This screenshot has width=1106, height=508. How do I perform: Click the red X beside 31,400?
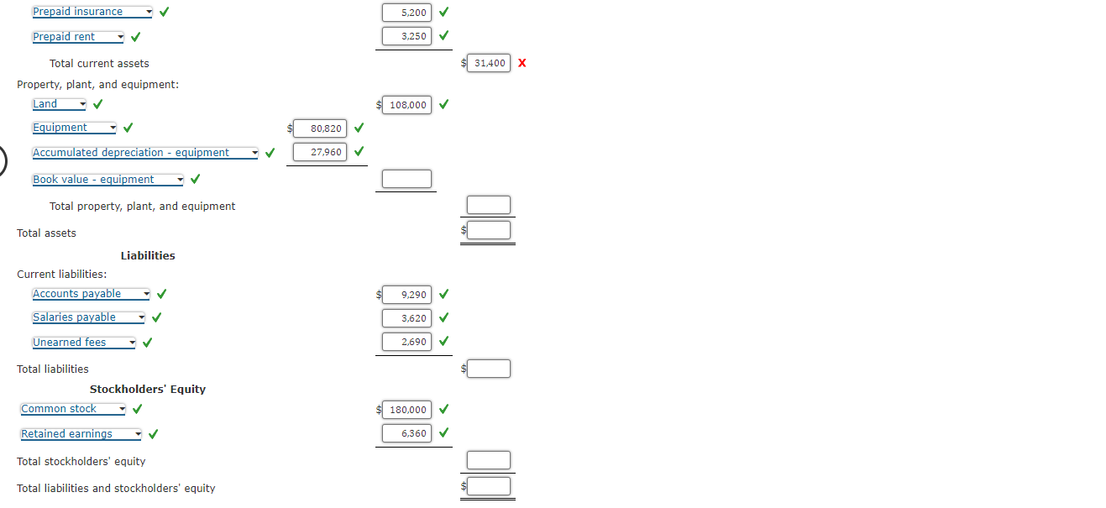pos(522,63)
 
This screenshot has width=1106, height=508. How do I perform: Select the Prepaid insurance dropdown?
pos(92,12)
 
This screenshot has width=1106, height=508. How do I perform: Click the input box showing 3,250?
pos(406,36)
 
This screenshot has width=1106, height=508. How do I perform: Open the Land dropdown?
pos(59,104)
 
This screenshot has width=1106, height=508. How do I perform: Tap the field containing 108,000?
pos(408,105)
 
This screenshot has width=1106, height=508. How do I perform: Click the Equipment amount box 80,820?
pos(320,128)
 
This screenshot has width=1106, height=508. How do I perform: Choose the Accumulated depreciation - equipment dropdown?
pos(145,153)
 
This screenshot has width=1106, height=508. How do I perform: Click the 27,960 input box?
pos(320,152)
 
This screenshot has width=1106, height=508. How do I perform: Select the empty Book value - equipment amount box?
pos(406,179)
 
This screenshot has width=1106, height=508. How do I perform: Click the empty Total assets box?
pos(489,230)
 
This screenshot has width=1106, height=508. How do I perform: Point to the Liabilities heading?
pos(148,255)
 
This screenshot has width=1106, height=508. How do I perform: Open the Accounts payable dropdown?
pos(91,294)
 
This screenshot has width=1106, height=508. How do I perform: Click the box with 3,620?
pos(406,318)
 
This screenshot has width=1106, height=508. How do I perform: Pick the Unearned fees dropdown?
pos(83,343)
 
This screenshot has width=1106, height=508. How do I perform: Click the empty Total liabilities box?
pos(489,369)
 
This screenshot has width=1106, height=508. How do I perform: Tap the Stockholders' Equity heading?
pos(148,389)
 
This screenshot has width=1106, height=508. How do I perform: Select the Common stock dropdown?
pos(73,409)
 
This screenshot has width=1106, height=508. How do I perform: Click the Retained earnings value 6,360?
pos(406,433)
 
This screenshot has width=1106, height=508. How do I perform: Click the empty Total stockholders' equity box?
pos(489,460)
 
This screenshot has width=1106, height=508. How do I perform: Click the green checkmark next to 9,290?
pos(443,295)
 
